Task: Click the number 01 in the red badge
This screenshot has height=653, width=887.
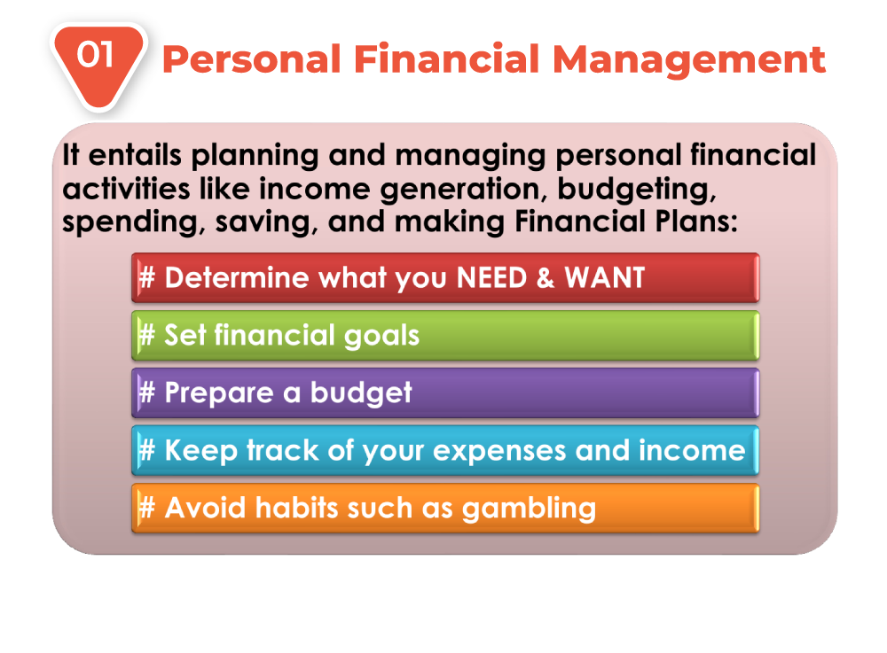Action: (96, 55)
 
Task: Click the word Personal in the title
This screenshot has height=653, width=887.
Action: (252, 59)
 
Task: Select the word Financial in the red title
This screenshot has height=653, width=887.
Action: (447, 58)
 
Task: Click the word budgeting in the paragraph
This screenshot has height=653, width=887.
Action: (636, 190)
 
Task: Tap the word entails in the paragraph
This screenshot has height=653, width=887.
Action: (135, 155)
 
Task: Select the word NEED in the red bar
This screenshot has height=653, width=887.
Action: (491, 278)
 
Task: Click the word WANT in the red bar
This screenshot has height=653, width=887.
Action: (605, 278)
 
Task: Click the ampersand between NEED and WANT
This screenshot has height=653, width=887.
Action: (546, 278)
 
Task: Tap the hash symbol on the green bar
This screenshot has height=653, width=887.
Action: (146, 335)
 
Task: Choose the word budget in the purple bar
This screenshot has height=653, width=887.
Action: (361, 393)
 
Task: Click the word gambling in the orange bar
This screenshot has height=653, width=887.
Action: (529, 509)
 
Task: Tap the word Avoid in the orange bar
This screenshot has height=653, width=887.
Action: (206, 508)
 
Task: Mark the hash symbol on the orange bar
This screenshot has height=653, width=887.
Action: (146, 508)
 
